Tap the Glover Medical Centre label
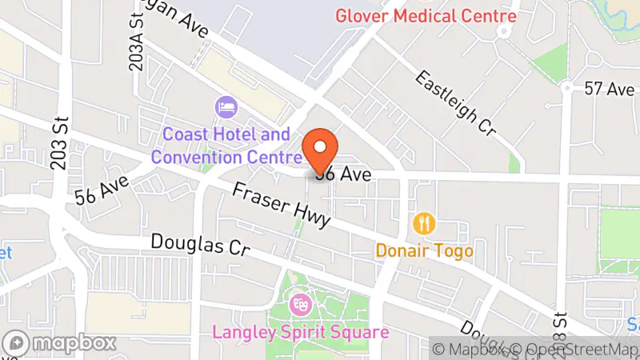(426, 15)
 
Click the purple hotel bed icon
(225, 106)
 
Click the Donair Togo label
(425, 250)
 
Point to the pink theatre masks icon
(301, 304)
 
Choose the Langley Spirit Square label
(301, 331)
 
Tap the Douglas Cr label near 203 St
(200, 244)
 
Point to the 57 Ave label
(610, 89)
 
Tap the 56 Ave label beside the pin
(344, 173)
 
